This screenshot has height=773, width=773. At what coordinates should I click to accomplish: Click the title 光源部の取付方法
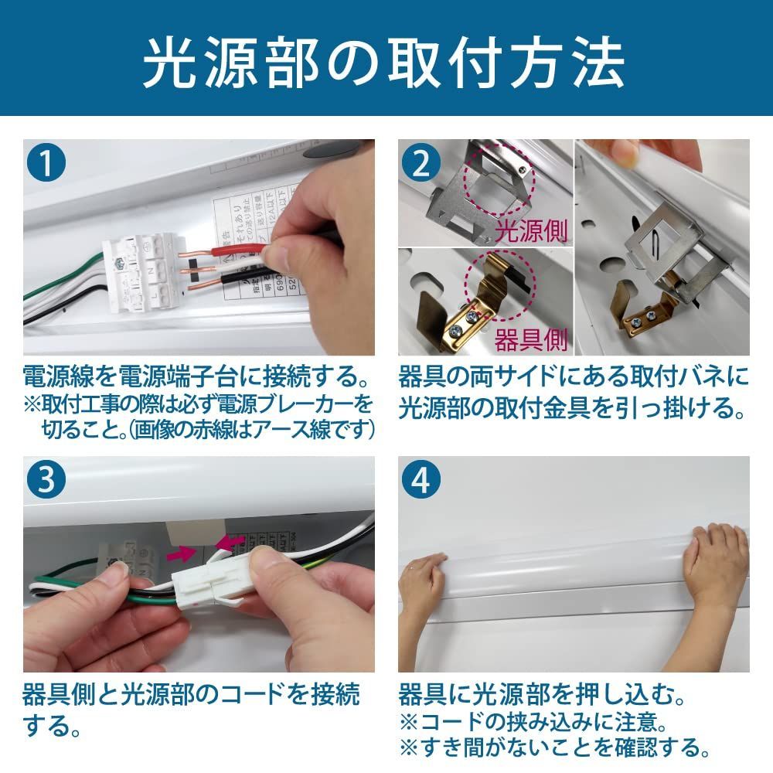coord(384,62)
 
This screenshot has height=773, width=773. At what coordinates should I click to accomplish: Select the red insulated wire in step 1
coord(232,251)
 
